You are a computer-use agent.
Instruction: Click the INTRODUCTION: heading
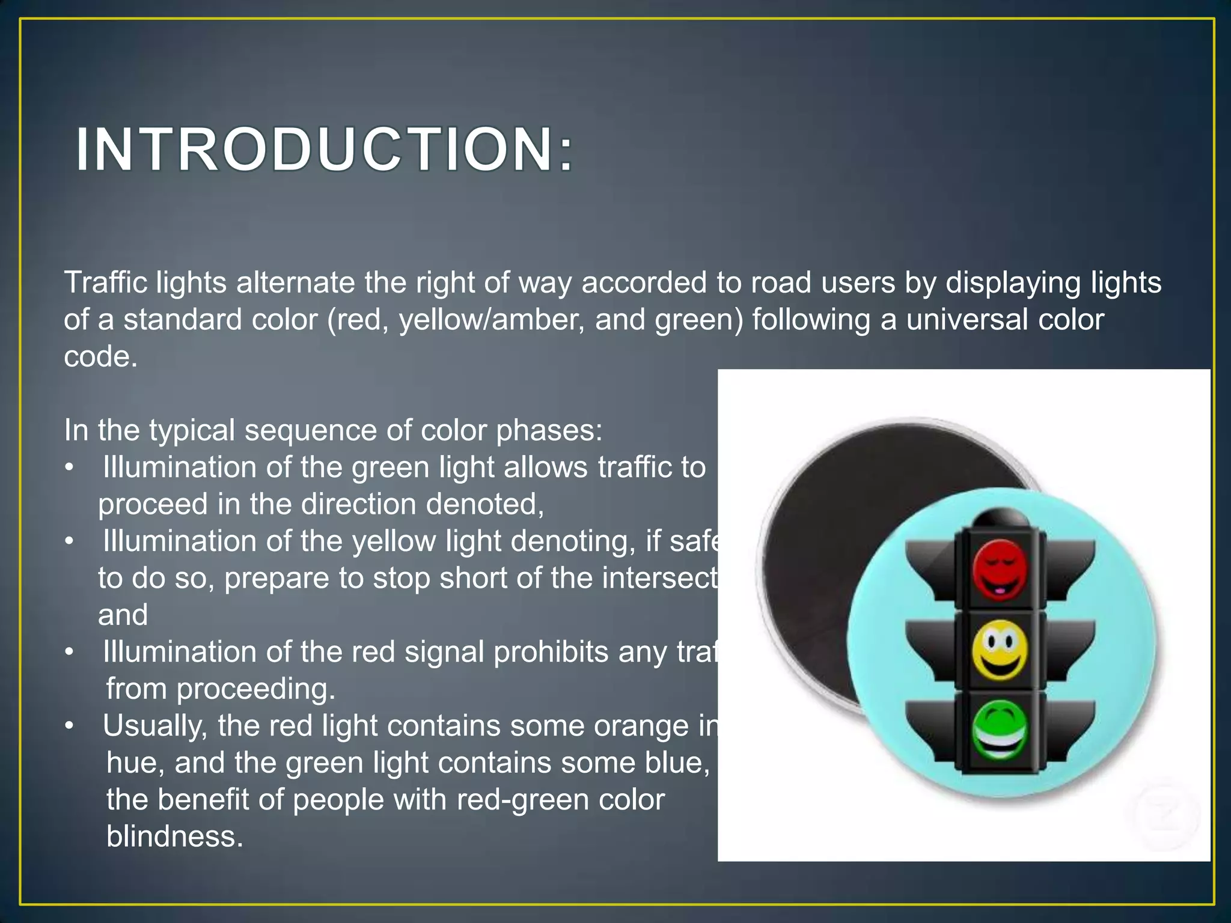[325, 150]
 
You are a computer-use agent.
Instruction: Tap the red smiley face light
[1000, 568]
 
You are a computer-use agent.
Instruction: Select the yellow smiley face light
[1000, 650]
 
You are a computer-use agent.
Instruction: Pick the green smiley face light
[1000, 730]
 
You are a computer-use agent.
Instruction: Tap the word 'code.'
[100, 357]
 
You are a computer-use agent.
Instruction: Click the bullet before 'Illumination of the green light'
[70, 468]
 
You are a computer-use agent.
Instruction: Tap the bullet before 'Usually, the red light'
[70, 727]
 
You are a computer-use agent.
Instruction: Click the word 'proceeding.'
[255, 689]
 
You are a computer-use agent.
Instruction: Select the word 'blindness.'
[175, 836]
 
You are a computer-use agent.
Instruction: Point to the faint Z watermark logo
[1164, 815]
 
